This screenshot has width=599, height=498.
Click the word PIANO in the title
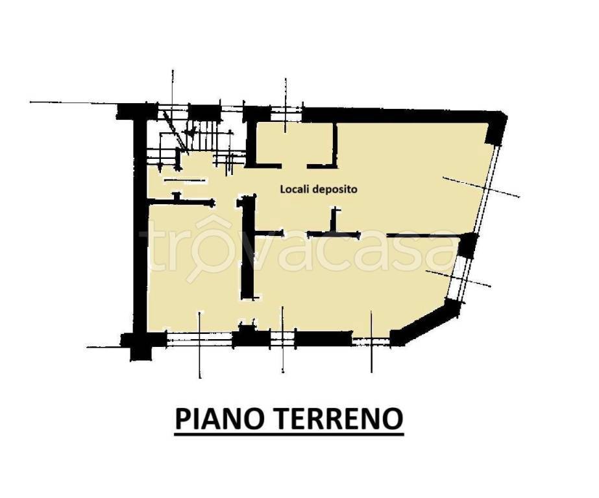(x=219, y=418)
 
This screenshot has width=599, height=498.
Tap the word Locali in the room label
(x=294, y=189)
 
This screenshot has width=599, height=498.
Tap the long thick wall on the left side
(x=140, y=225)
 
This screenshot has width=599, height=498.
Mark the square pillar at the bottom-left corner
(x=138, y=346)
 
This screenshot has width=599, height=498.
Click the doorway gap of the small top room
(x=294, y=165)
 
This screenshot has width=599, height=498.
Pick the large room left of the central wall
(x=193, y=267)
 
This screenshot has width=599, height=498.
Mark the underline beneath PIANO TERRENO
(x=289, y=434)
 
